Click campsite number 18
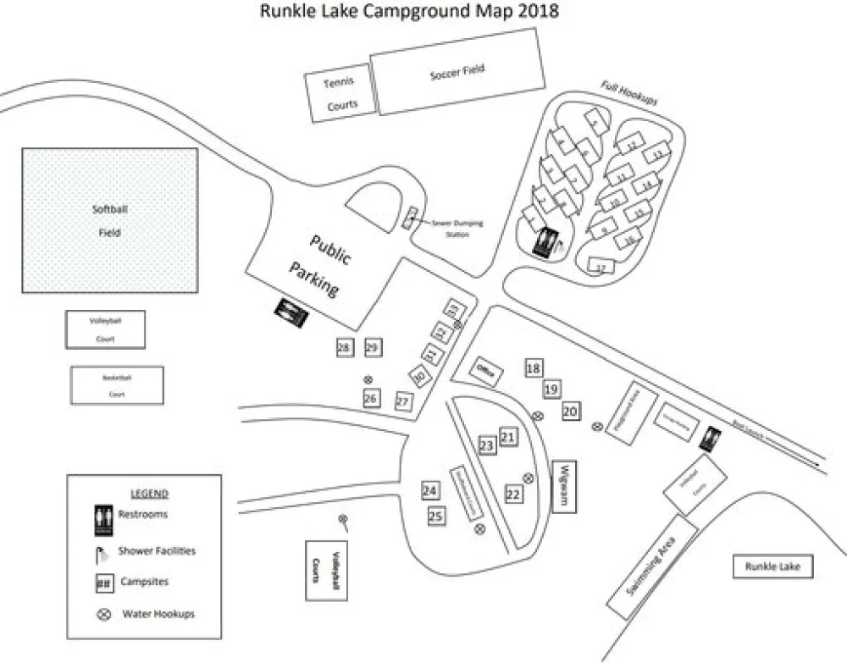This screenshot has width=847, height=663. click(533, 368)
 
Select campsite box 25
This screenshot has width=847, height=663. click(436, 517)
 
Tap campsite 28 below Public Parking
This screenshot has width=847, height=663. click(344, 347)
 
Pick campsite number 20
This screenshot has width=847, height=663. click(570, 411)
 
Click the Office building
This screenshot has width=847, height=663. click(486, 371)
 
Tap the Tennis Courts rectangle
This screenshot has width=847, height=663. click(338, 93)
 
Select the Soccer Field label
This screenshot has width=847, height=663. click(457, 72)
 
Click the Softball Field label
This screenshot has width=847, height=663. click(109, 220)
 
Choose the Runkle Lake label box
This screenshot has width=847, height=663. click(772, 566)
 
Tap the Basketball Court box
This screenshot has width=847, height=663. click(117, 385)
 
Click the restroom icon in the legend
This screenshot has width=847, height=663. click(103, 520)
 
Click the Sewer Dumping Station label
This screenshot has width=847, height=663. click(457, 228)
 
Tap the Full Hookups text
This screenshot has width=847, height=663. click(629, 93)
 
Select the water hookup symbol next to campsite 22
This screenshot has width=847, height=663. click(529, 478)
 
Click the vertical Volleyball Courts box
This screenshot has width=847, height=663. click(327, 568)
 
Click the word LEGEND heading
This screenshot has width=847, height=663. click(149, 494)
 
